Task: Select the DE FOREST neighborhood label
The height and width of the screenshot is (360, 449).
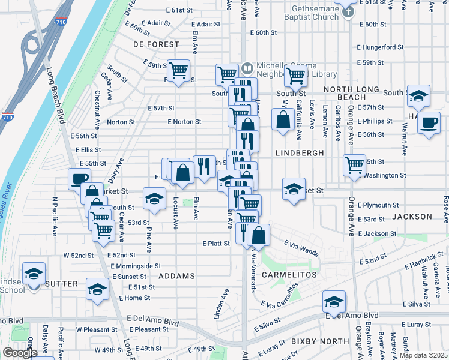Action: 156,44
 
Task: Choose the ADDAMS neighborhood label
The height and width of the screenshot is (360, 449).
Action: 176,276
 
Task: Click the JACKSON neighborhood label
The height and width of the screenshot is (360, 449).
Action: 412,216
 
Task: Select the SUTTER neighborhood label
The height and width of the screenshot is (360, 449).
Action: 61,283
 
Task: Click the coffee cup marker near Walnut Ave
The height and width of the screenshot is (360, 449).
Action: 428,122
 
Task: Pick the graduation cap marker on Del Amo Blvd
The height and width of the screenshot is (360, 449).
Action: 334,300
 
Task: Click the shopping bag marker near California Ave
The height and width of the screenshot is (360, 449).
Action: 283,118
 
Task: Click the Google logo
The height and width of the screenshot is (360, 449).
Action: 20,353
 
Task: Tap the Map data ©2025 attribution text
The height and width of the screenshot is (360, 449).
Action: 424,355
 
